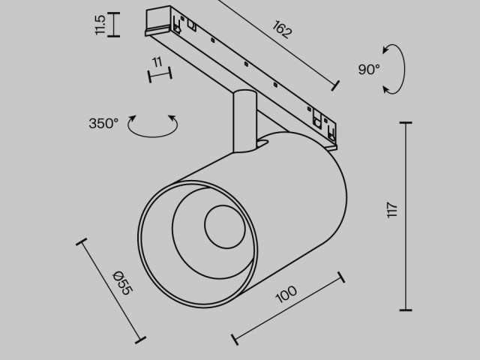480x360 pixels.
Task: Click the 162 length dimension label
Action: coord(283,31)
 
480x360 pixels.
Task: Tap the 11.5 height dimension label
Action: coord(100,25)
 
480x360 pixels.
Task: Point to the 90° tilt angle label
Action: coord(369,70)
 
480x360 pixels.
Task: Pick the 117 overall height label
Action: coord(392,210)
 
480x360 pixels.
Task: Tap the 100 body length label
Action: coord(286,293)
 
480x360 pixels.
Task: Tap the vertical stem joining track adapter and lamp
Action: coord(244,120)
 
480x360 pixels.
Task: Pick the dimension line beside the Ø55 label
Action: coord(109,289)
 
